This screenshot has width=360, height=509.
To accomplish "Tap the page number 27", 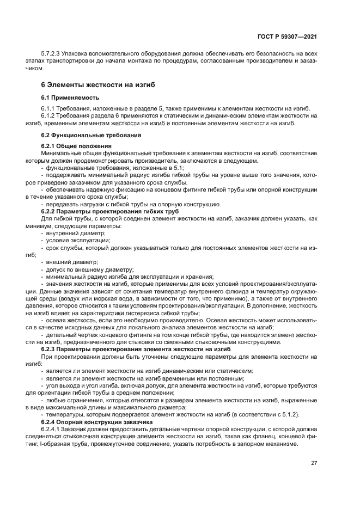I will [314, 463].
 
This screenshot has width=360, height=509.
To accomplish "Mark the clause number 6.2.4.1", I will [51, 429].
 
